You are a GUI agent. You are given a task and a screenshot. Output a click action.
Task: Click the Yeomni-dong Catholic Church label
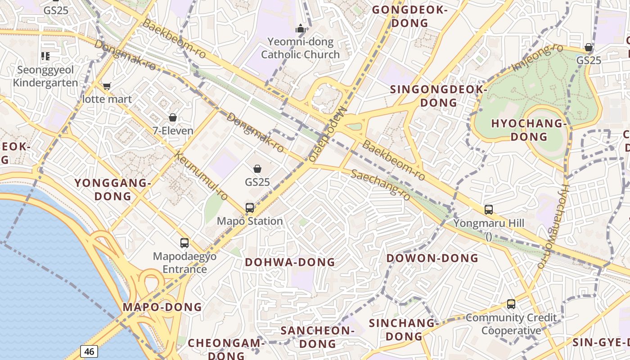[x=300, y=48]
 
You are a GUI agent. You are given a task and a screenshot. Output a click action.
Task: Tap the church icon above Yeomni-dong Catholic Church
[x=300, y=29]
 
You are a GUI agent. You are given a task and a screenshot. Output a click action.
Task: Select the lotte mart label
[x=107, y=99]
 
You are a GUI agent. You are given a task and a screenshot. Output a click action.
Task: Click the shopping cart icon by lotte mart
[x=107, y=86]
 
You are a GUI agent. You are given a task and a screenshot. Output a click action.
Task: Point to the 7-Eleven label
[x=173, y=131]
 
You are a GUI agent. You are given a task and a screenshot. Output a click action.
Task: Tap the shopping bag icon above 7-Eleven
[x=173, y=118]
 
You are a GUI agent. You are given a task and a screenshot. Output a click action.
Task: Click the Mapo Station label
[x=250, y=221]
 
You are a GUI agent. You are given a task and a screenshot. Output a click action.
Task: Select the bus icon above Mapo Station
[x=250, y=208]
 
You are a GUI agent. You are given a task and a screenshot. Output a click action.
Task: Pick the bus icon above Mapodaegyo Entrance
[x=184, y=243]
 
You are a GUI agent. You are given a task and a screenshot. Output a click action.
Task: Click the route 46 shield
[x=89, y=351]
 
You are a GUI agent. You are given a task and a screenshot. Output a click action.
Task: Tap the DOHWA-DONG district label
[x=290, y=262]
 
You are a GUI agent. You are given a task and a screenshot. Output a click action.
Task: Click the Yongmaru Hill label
[x=489, y=223]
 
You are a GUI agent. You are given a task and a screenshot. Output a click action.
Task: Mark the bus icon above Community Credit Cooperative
[x=511, y=304]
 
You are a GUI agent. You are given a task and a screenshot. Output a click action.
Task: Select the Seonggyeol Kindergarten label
[x=45, y=76]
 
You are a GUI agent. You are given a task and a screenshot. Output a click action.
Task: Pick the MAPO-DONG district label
[x=162, y=307]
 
